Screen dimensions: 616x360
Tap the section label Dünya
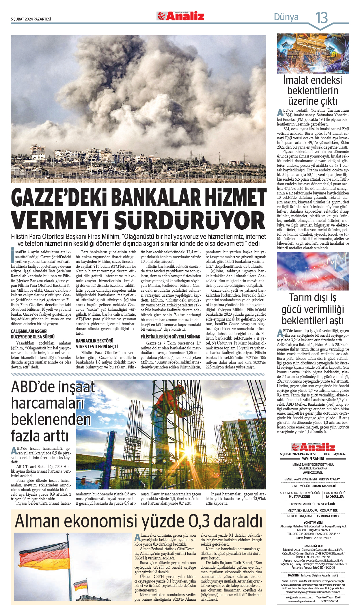point(286,17)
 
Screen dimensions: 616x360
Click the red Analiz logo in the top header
point(181,16)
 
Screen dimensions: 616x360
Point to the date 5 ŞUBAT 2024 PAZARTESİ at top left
point(31,19)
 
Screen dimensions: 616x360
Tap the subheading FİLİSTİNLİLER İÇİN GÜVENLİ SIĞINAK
point(170,337)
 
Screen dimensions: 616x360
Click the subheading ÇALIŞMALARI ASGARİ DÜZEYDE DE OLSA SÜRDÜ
point(33,334)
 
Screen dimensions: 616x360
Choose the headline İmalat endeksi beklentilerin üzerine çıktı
point(313,91)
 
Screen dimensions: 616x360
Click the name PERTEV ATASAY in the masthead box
point(329,479)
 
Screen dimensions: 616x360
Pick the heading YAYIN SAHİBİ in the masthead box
point(313,459)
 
